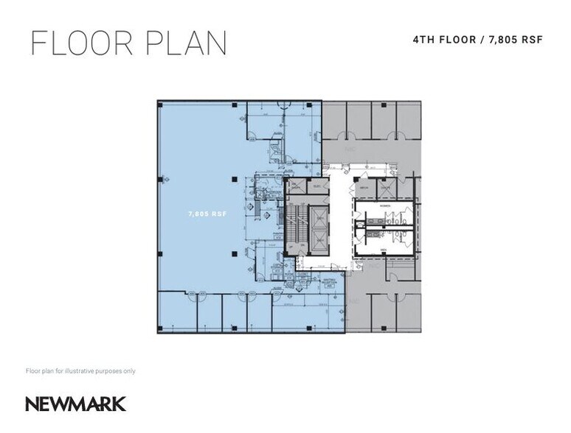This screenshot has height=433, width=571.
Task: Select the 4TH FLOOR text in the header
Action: (x=442, y=39)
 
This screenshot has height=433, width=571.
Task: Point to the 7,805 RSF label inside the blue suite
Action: (x=207, y=214)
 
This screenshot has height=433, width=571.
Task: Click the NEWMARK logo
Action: (x=76, y=404)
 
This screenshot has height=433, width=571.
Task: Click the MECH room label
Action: (x=364, y=188)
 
